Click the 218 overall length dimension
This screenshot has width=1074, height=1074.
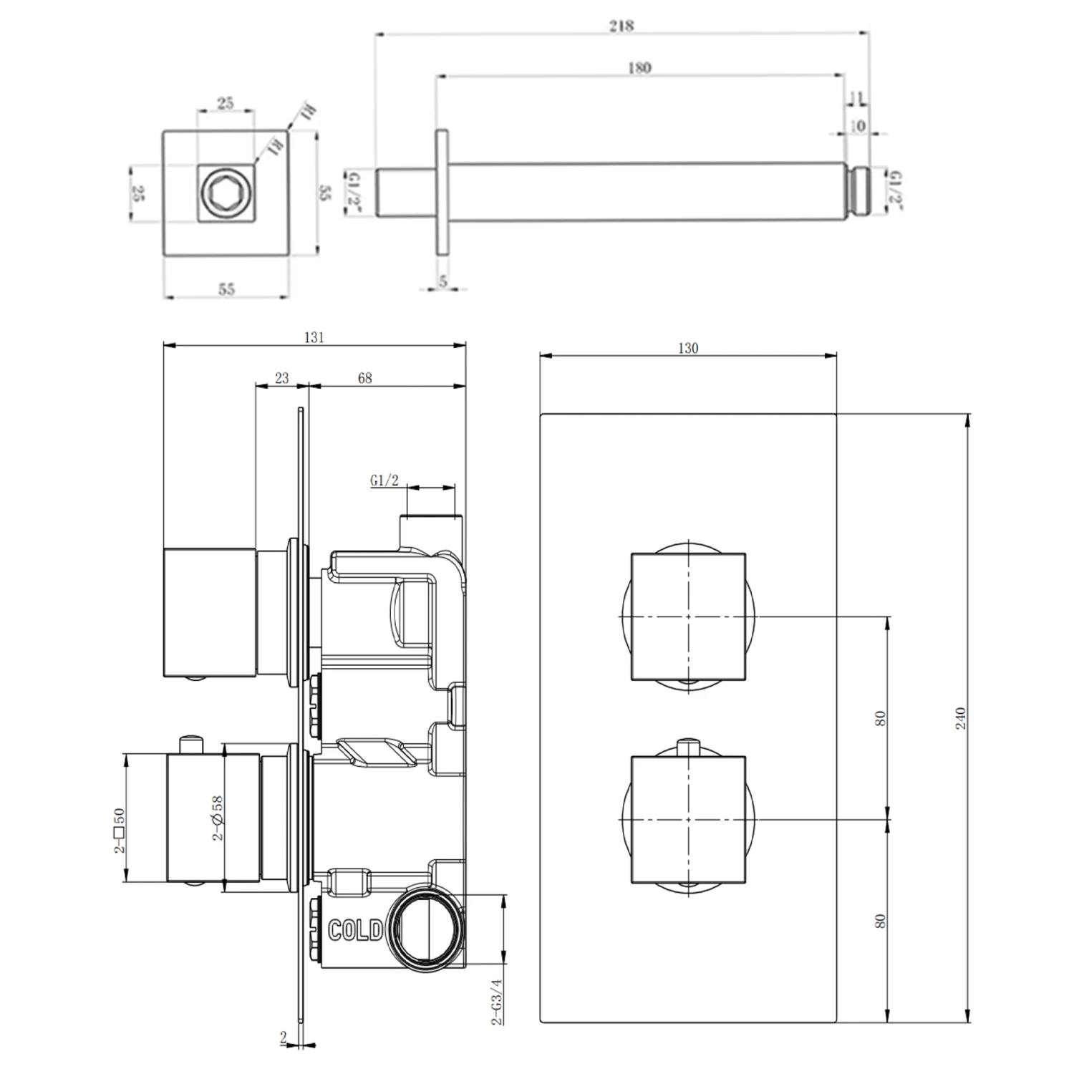(621, 26)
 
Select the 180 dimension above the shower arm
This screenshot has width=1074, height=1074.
(639, 68)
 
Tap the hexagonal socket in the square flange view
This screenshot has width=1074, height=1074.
(226, 193)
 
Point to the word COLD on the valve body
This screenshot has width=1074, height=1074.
(355, 931)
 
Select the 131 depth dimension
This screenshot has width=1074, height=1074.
(314, 337)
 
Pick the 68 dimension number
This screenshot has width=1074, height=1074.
(364, 378)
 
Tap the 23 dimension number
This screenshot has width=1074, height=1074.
(282, 378)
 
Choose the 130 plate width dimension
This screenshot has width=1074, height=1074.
(687, 348)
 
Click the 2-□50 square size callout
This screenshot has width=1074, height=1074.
(119, 831)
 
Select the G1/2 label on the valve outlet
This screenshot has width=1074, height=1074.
(384, 481)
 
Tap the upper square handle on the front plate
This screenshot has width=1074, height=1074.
(688, 616)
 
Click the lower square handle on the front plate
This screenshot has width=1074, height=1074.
(688, 818)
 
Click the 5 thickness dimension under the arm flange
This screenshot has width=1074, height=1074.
(443, 281)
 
